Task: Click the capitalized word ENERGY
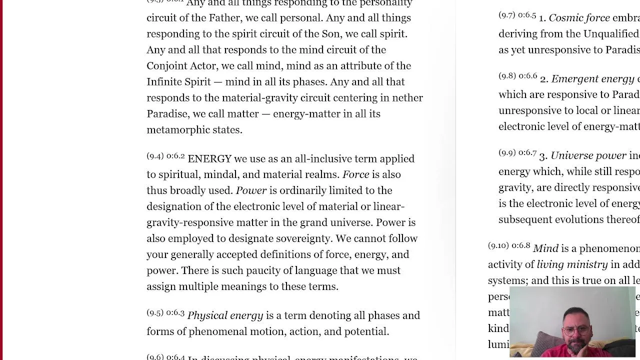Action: (209, 159)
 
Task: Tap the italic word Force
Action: (355, 174)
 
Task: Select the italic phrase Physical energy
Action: (225, 315)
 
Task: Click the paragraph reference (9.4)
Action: (155, 156)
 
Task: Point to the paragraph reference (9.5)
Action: (155, 313)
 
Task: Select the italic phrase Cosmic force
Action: (579, 18)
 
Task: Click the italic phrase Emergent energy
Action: (592, 79)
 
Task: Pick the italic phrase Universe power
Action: (588, 155)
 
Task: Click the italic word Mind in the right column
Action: (545, 248)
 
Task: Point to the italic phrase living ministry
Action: (572, 264)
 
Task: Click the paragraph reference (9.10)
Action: (498, 245)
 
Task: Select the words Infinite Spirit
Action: (178, 82)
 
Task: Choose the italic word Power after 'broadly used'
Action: (251, 190)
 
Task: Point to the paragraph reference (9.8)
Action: (507, 76)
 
